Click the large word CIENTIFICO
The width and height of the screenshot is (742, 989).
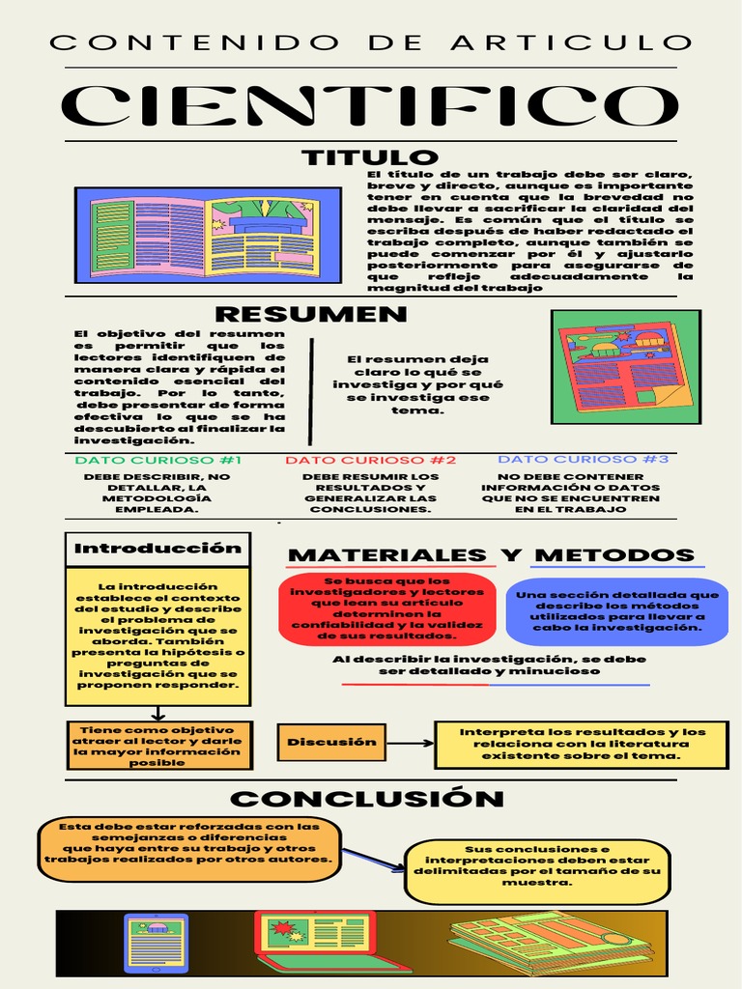371,105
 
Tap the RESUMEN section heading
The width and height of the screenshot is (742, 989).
310,314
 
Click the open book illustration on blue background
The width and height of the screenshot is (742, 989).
208,236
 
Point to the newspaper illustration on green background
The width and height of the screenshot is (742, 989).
625,366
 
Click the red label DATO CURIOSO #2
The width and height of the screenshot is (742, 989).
370,461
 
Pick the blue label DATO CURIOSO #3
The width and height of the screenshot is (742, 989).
583,460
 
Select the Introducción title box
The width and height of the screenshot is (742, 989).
157,549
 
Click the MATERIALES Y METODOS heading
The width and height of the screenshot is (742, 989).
491,555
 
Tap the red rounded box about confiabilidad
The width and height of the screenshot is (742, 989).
386,608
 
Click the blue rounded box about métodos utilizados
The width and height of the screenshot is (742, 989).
616,610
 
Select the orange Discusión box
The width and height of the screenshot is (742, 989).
331,742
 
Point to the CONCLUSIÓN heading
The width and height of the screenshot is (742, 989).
367,799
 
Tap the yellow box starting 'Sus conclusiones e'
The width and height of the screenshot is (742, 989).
537,866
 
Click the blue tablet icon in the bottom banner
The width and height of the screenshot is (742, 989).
157,942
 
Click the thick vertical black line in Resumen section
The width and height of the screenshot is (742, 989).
311,391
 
